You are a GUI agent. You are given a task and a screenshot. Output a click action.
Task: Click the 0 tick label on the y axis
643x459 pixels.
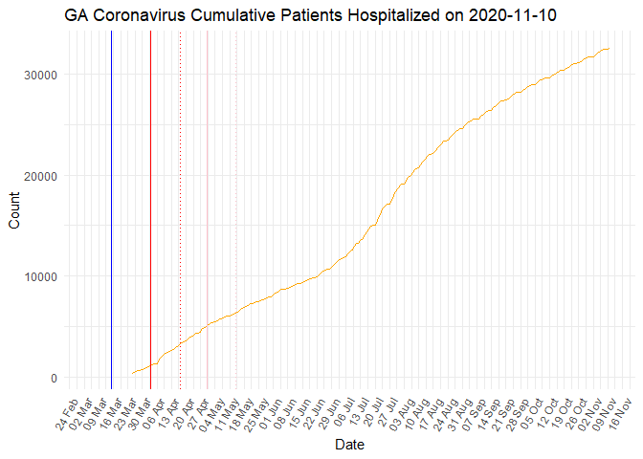pyautogui.click(x=54, y=378)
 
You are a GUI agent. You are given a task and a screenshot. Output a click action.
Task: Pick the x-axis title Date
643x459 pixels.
pyautogui.click(x=348, y=445)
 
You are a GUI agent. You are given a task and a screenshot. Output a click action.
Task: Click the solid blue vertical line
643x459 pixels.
pyautogui.click(x=111, y=210)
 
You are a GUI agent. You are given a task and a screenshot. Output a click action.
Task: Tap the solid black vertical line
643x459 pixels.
pyautogui.click(x=150, y=210)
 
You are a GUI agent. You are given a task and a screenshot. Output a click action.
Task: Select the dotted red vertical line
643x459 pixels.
pyautogui.click(x=181, y=210)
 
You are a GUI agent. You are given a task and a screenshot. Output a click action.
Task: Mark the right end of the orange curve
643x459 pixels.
pyautogui.click(x=610, y=49)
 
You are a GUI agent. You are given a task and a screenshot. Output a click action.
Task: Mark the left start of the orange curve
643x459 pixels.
pyautogui.click(x=132, y=373)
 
